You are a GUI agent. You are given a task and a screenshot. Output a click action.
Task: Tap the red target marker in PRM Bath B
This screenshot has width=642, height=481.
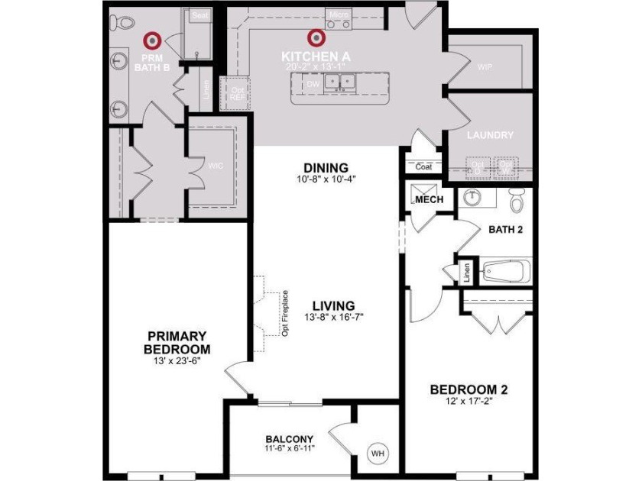(152, 38)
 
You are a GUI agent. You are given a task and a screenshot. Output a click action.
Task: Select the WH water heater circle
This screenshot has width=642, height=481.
(377, 454)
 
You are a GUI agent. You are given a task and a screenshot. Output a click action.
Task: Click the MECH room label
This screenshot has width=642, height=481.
(429, 200)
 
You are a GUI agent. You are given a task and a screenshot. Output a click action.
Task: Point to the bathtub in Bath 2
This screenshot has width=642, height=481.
(506, 271)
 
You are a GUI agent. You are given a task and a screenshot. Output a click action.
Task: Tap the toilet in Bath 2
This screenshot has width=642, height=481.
(517, 200)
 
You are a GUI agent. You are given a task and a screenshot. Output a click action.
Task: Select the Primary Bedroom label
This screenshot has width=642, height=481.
(177, 343)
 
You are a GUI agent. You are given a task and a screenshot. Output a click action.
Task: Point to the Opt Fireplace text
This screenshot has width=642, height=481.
(284, 313)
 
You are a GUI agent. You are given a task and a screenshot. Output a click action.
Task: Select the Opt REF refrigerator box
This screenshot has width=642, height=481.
(237, 92)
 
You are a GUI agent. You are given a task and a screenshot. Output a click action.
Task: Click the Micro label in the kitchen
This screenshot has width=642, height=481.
(336, 15)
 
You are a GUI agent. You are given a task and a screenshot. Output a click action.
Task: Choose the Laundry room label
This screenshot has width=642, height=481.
(490, 135)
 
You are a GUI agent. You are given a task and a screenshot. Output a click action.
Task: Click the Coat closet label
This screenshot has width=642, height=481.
(424, 166)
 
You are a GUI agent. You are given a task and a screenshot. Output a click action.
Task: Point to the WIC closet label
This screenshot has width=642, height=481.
(215, 164)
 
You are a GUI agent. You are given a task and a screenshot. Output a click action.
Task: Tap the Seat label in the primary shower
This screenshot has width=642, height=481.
(200, 15)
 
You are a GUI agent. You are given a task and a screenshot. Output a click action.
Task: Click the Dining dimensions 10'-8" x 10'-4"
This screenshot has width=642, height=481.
(326, 179)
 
